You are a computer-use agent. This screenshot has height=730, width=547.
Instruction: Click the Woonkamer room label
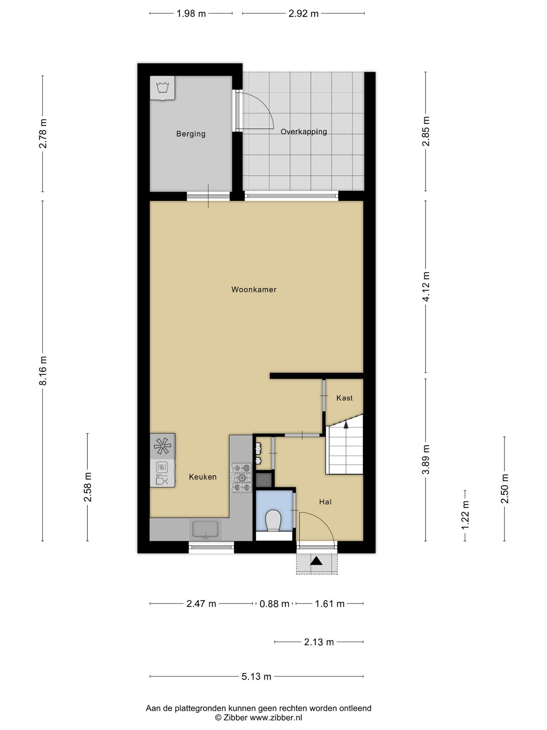254,290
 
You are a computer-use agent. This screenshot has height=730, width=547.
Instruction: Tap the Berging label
191,134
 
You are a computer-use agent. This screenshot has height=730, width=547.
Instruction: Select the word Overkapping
304,132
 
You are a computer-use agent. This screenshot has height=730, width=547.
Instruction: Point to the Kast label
345,398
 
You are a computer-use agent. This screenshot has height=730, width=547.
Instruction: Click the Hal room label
325,502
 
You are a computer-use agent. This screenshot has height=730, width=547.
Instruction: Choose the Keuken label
203,477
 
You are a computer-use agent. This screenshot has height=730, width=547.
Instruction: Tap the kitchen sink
206,529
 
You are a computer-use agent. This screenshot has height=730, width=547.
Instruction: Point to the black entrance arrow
316,561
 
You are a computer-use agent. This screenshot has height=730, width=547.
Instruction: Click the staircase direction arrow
346,425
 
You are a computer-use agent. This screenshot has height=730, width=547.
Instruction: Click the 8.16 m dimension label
43,371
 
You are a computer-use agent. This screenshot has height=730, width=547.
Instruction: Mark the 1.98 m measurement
191,14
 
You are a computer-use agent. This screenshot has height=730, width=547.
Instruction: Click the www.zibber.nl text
275,717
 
